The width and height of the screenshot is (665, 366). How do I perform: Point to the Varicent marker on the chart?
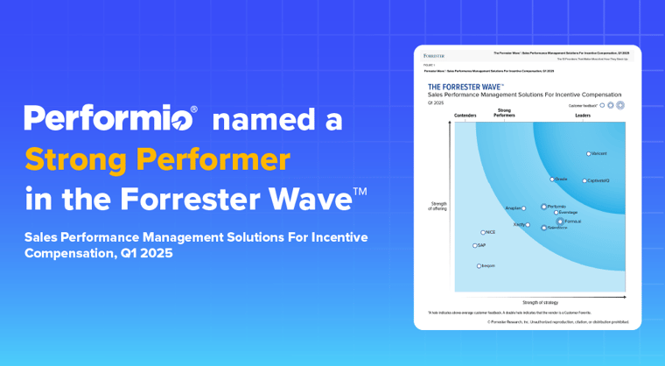click(x=588, y=153)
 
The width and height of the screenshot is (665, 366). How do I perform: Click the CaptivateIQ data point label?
click(x=598, y=180)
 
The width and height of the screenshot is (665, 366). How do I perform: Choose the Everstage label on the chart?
click(x=568, y=213)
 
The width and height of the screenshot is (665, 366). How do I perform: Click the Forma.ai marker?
click(x=561, y=222)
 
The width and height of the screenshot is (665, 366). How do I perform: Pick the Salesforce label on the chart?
click(x=557, y=228)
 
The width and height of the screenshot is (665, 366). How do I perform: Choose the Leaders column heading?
click(x=582, y=115)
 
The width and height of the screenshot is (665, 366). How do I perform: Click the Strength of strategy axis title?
click(x=539, y=302)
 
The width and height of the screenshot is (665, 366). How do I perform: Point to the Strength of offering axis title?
click(x=438, y=206)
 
